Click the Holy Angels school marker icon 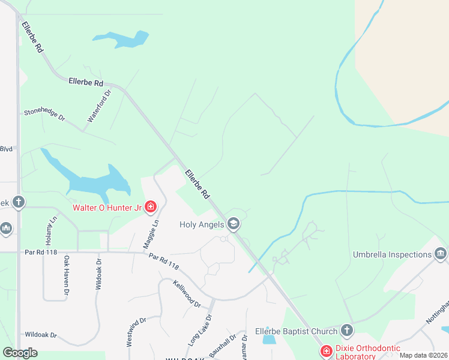point(234,224)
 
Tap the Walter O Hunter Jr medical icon point(150,208)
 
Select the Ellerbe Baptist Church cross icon point(346,330)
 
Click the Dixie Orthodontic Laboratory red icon point(326,350)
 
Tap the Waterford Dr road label point(100,107)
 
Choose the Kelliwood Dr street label point(187,293)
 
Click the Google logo point(20,353)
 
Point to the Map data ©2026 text point(424,355)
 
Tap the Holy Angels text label point(202,225)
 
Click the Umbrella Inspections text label point(392,254)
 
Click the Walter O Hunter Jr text point(107,208)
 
